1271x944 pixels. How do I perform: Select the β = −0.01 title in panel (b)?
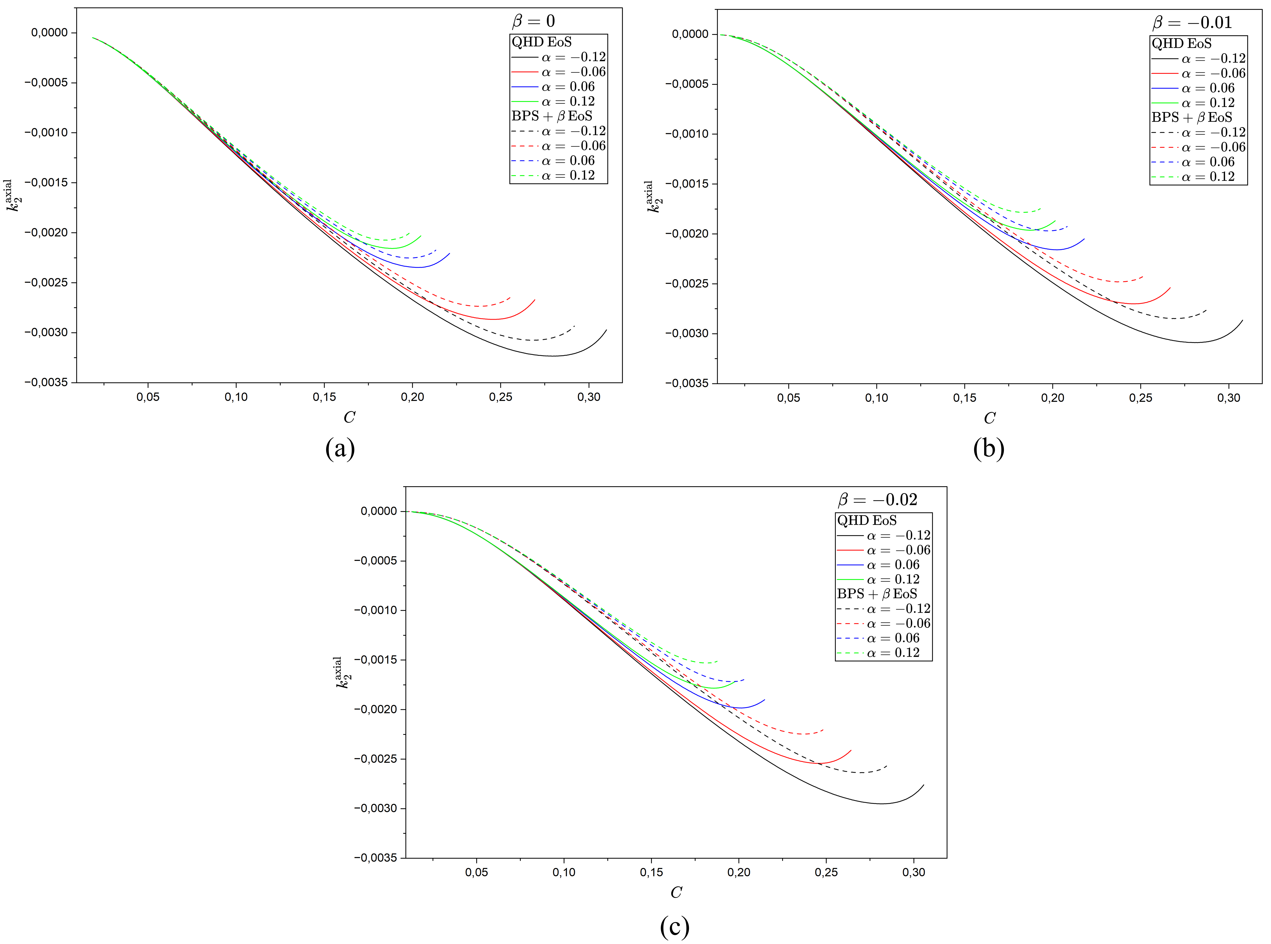[x=1192, y=23]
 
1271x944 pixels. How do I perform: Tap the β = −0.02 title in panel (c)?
[x=877, y=500]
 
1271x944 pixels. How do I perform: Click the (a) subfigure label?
[x=340, y=449]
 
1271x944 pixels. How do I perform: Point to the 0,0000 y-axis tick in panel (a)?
[x=49, y=33]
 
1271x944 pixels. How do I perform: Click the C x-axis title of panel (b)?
[x=989, y=418]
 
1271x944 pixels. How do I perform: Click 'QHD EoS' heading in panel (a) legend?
[x=541, y=42]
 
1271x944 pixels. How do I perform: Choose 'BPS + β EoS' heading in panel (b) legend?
[x=1192, y=117]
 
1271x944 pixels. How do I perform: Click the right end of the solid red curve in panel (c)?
[x=851, y=750]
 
